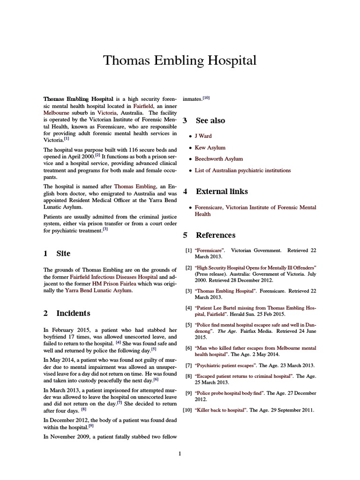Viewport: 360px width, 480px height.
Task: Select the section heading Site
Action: pyautogui.click(x=63, y=254)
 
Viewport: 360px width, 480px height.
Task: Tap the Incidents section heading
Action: pyautogui.click(x=73, y=313)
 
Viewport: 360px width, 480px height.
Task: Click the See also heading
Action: pyautogui.click(x=210, y=120)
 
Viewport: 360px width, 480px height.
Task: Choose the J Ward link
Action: pyautogui.click(x=203, y=136)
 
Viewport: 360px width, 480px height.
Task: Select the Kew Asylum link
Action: pyautogui.click(x=210, y=148)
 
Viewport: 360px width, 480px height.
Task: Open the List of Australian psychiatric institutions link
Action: pyautogui.click(x=242, y=171)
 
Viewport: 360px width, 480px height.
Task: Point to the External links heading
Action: pyautogui.click(x=222, y=192)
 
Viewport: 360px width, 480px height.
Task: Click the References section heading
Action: pyautogui.click(x=216, y=235)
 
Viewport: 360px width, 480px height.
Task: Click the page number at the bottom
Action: pyautogui.click(x=180, y=453)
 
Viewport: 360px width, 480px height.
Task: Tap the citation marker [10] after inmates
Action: pyautogui.click(x=206, y=98)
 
